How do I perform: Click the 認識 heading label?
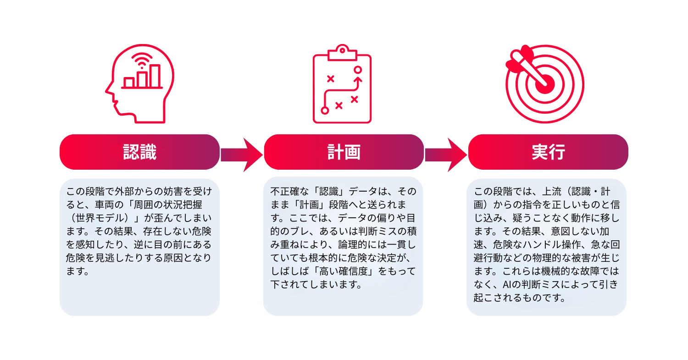click(140, 152)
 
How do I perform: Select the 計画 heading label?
click(344, 152)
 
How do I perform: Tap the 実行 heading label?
click(548, 152)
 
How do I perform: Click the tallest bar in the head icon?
click(155, 76)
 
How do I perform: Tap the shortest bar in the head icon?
click(129, 83)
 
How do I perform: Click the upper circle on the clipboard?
click(358, 70)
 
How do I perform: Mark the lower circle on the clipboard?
click(325, 110)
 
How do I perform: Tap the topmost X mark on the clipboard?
click(330, 79)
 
